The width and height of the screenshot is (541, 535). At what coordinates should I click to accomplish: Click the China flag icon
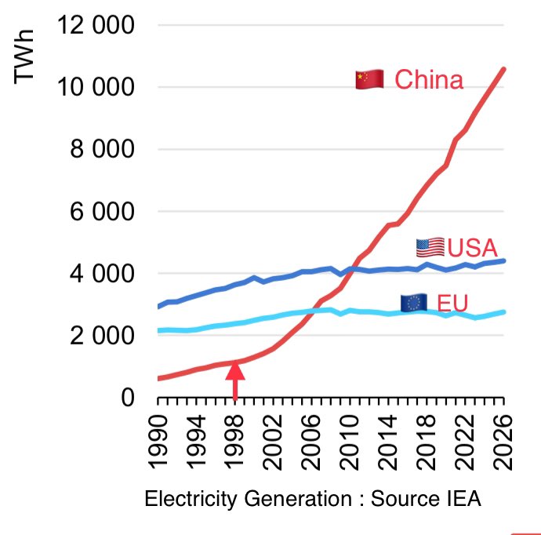(x=369, y=79)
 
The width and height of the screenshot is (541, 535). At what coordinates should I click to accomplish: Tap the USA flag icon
(x=430, y=248)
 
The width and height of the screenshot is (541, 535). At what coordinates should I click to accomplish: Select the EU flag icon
(x=413, y=303)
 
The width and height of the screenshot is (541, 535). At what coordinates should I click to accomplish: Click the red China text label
(x=429, y=80)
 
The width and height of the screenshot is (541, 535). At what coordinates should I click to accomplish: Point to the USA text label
(x=473, y=248)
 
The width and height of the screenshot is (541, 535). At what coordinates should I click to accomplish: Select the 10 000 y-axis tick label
(x=96, y=87)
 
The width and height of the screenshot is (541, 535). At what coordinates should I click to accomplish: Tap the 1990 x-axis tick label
(x=159, y=439)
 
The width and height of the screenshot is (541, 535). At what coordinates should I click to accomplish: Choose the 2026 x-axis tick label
(x=503, y=439)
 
